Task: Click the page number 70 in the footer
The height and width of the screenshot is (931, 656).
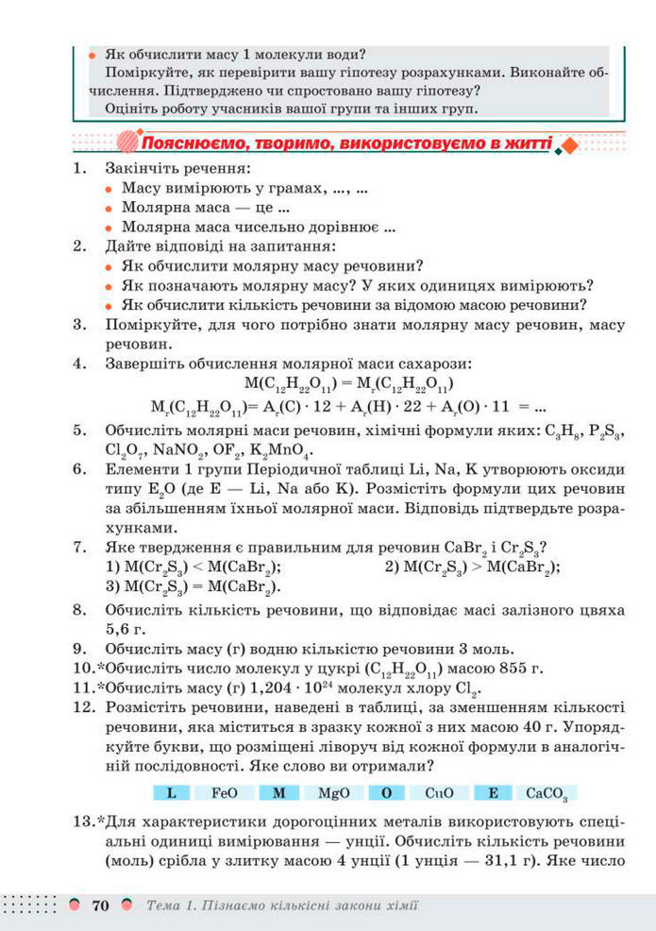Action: click(x=101, y=906)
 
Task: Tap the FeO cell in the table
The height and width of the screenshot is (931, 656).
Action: click(x=225, y=793)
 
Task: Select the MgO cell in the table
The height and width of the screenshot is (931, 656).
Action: click(x=335, y=793)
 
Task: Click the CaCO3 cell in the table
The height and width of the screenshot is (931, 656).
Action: click(x=547, y=793)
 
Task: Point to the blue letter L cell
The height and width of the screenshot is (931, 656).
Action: click(x=172, y=793)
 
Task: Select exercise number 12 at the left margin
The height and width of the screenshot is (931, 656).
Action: click(x=82, y=705)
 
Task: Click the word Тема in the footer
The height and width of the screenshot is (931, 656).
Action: click(x=167, y=906)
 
